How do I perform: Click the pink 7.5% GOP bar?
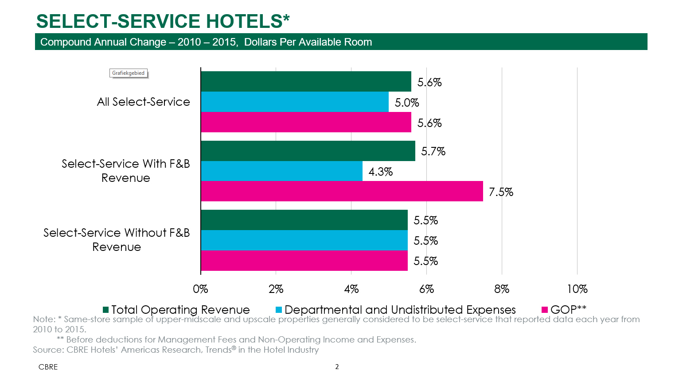click(x=342, y=191)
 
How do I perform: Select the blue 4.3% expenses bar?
click(x=281, y=171)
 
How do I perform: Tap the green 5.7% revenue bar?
click(x=308, y=151)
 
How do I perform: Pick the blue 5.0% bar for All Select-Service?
click(x=295, y=102)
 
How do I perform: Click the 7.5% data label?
click(x=501, y=192)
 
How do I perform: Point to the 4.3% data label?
click(x=381, y=172)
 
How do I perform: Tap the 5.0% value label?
click(x=407, y=103)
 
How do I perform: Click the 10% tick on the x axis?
click(x=577, y=289)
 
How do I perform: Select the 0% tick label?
click(x=200, y=289)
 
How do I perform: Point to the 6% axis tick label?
click(x=426, y=289)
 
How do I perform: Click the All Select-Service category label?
click(x=143, y=102)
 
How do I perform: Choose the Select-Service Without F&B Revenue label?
click(x=117, y=240)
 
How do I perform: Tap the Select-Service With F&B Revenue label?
click(x=125, y=171)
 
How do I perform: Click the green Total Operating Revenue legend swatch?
click(x=106, y=310)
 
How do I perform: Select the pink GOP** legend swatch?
click(x=545, y=310)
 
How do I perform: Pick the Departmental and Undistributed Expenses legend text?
click(x=400, y=310)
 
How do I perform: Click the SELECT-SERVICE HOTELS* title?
click(x=163, y=21)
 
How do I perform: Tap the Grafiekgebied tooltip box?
click(x=128, y=73)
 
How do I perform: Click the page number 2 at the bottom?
click(x=337, y=367)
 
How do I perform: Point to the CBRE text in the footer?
click(x=48, y=367)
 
